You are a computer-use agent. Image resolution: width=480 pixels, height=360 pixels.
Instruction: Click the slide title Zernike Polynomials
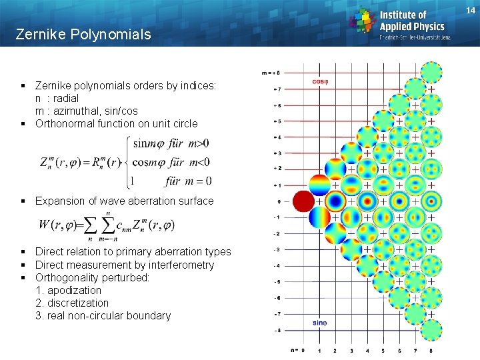[x=83, y=34]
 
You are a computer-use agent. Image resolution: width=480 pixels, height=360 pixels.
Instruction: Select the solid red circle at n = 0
[x=304, y=201]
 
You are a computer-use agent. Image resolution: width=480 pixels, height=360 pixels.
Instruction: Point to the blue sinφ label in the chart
[x=320, y=323]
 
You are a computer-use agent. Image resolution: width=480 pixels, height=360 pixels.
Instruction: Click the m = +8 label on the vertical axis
[x=271, y=73]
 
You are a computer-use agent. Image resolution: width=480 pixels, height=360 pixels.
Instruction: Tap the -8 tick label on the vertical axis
[x=277, y=330]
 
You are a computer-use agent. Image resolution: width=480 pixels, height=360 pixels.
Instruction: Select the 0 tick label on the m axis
[x=279, y=201]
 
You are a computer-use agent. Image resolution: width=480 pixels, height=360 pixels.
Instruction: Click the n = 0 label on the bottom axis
[x=297, y=349]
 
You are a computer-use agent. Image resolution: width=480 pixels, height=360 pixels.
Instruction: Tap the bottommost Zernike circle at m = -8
[x=431, y=330]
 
